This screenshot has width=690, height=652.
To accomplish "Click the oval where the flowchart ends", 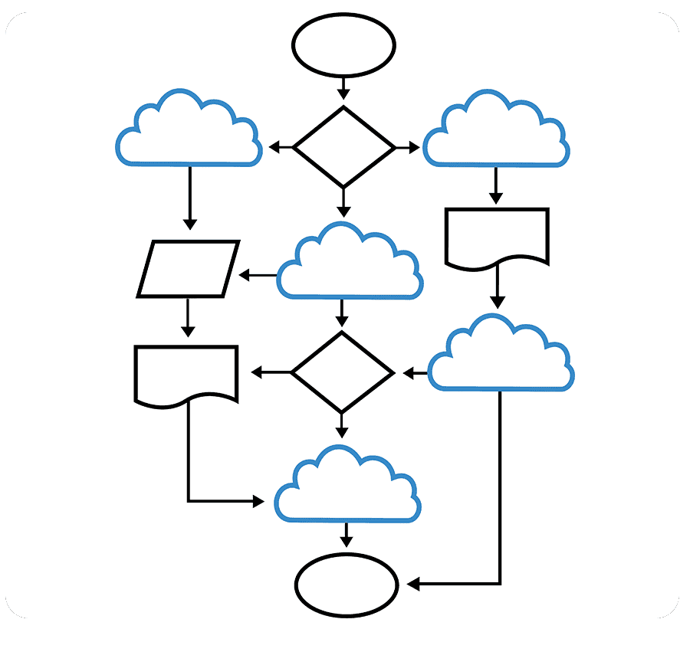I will [347, 585].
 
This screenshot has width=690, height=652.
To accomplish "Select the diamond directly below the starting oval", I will [343, 146].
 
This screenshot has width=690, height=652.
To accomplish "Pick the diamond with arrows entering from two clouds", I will [343, 373].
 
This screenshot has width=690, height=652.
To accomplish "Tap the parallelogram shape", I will [189, 269].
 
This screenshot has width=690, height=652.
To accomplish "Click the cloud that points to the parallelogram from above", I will [189, 132].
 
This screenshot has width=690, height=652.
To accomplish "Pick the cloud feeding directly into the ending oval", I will [347, 489].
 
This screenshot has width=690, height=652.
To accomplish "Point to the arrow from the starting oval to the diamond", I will [343, 87].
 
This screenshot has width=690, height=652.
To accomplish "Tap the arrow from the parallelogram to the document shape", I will [188, 317].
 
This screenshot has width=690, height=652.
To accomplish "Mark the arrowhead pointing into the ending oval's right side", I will [413, 585].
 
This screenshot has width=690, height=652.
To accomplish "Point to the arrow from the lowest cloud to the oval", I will [347, 534].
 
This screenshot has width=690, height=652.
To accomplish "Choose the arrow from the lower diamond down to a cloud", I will [343, 424].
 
